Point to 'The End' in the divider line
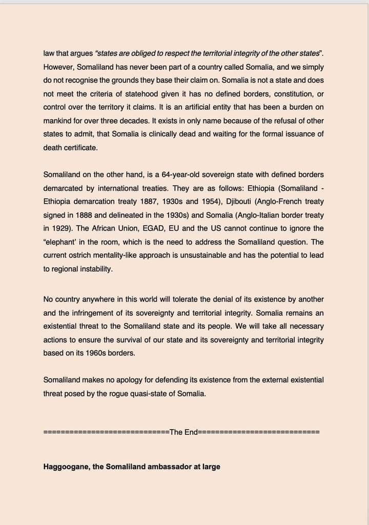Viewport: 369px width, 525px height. [x=184, y=432]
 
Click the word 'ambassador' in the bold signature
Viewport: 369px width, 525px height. [x=169, y=467]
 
